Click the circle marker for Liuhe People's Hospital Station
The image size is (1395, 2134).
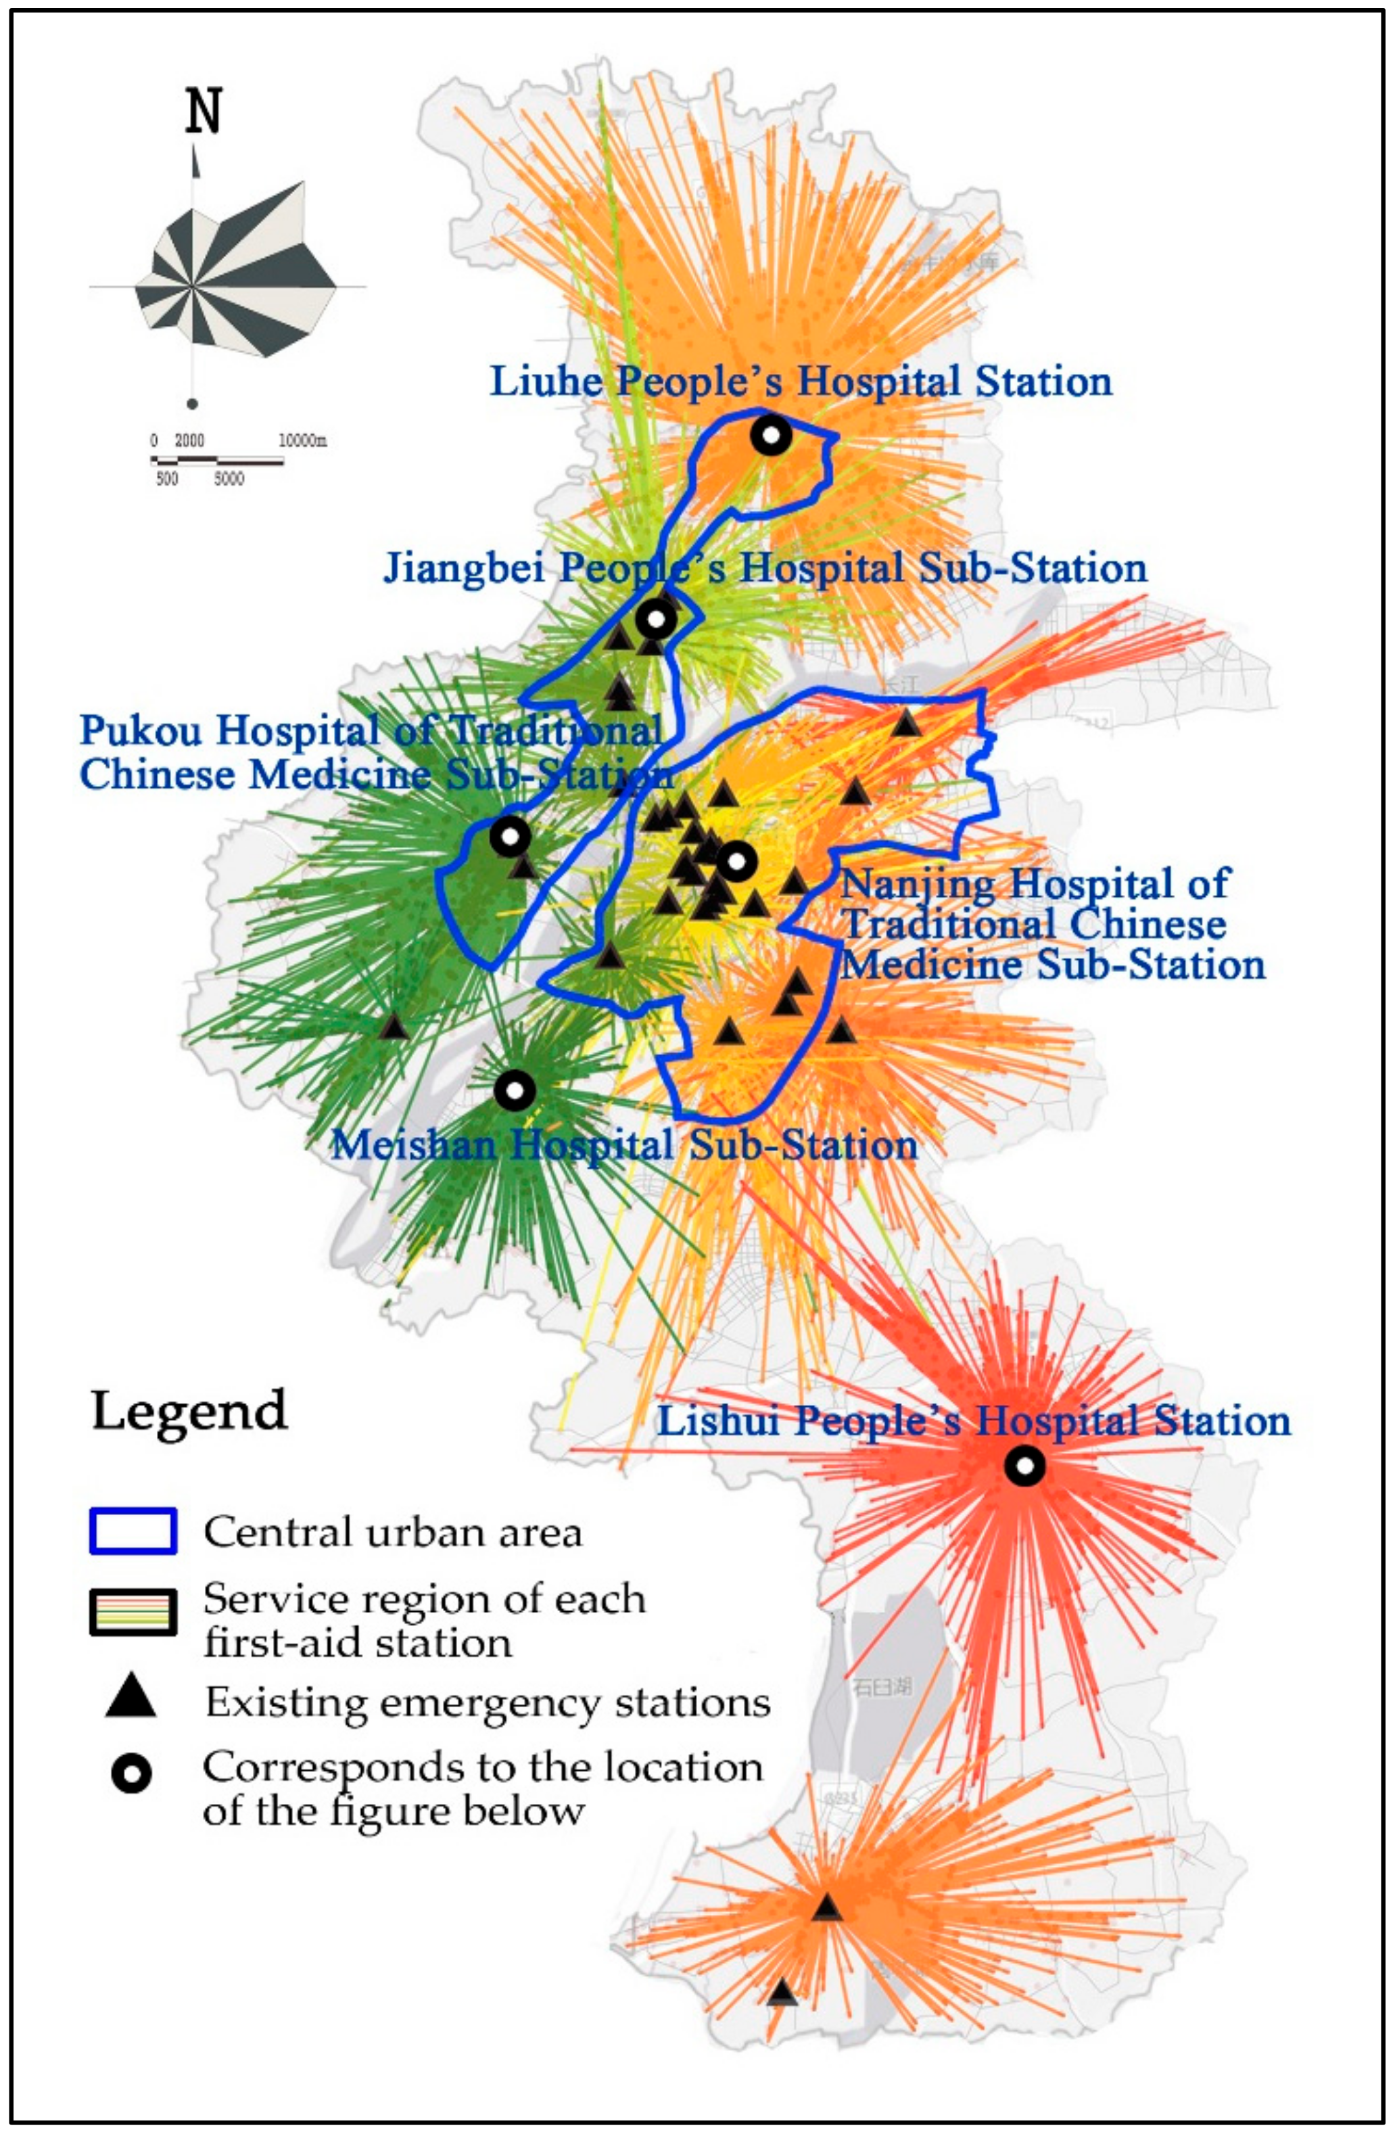point(770,436)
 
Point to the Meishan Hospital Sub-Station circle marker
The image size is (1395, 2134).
point(515,1090)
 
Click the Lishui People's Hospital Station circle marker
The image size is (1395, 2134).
point(1024,1466)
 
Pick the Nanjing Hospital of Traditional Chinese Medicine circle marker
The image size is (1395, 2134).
point(737,862)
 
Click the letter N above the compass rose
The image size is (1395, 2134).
point(204,112)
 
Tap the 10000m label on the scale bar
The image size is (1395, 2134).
point(302,440)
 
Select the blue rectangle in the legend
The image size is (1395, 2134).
point(133,1531)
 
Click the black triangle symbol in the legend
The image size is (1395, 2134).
point(131,1696)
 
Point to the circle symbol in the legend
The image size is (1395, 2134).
point(131,1774)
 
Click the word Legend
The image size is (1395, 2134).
point(189,1410)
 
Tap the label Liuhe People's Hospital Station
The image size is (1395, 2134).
point(801,381)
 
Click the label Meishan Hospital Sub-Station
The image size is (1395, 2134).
point(624,1145)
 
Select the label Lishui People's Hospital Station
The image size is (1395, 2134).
point(974,1421)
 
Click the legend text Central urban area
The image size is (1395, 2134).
point(393,1533)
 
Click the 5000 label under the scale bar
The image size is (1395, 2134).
point(229,479)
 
